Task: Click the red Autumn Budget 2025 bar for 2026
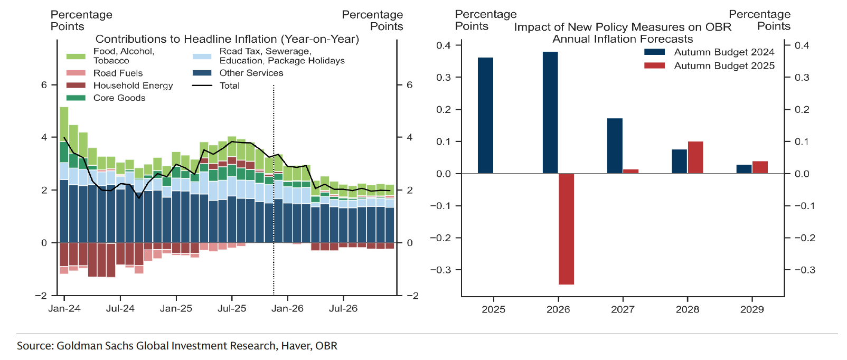(566, 229)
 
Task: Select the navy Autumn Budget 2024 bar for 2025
(485, 115)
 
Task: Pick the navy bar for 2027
(615, 146)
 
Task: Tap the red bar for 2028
(695, 157)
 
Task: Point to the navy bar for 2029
(744, 169)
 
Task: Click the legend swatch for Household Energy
(76, 86)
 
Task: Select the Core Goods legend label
(119, 98)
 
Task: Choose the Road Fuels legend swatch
(76, 73)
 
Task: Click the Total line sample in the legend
(202, 86)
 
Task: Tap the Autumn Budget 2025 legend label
(724, 66)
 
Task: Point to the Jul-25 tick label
(232, 309)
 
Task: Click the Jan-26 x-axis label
(287, 309)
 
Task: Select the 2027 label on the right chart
(623, 310)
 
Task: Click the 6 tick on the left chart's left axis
(44, 85)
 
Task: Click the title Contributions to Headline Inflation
(227, 39)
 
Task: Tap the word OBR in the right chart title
(718, 27)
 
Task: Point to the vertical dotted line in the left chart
(274, 211)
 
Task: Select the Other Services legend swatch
(202, 73)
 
